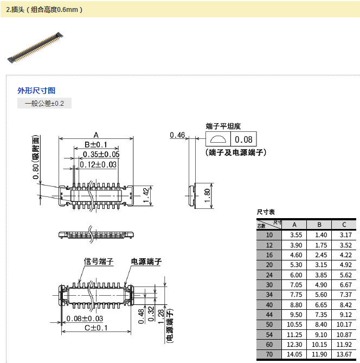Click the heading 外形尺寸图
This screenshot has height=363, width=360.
coord(36,91)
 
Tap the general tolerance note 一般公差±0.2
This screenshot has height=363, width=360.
coord(44,103)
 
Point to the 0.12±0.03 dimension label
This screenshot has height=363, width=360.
coord(98,164)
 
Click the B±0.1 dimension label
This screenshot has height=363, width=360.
coord(96,145)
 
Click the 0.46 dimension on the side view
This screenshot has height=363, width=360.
coord(177,135)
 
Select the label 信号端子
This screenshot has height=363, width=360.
coord(98,262)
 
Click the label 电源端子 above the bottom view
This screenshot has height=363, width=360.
coord(146,262)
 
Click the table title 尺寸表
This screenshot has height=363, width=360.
coord(266,212)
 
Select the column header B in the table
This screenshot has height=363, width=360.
coord(319,225)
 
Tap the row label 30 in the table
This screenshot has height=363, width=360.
coord(269,285)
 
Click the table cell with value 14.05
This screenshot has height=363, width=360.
coord(294,354)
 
